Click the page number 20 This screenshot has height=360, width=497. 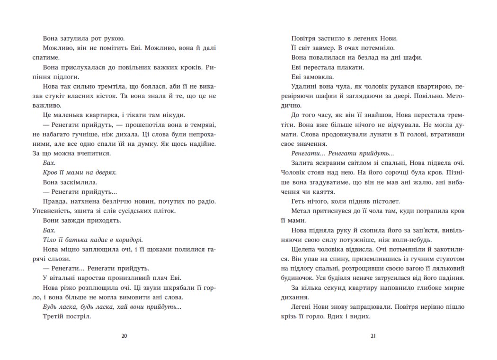124,336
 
